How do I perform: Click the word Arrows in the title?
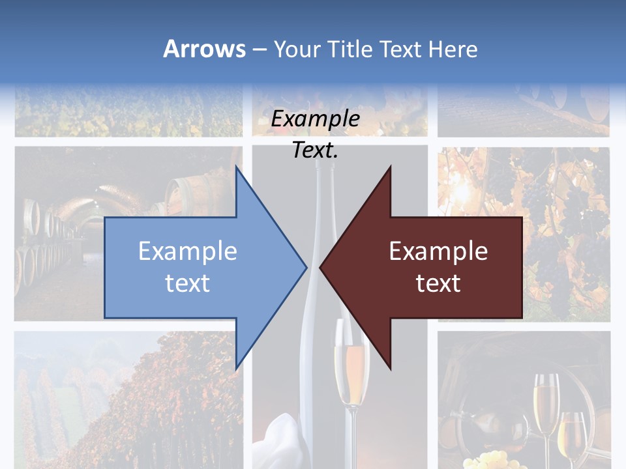pyautogui.click(x=204, y=49)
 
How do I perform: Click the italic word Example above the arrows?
pyautogui.click(x=315, y=119)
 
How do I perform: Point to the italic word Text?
pyautogui.click(x=315, y=150)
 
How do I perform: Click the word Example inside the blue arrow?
pyautogui.click(x=188, y=251)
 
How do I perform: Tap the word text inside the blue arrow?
pyautogui.click(x=188, y=283)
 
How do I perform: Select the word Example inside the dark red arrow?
pyautogui.click(x=438, y=251)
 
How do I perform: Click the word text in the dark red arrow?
pyautogui.click(x=438, y=283)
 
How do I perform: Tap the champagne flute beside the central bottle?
pyautogui.click(x=351, y=365)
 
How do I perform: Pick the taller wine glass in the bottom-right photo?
pyautogui.click(x=546, y=404)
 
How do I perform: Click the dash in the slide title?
pyautogui.click(x=259, y=49)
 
